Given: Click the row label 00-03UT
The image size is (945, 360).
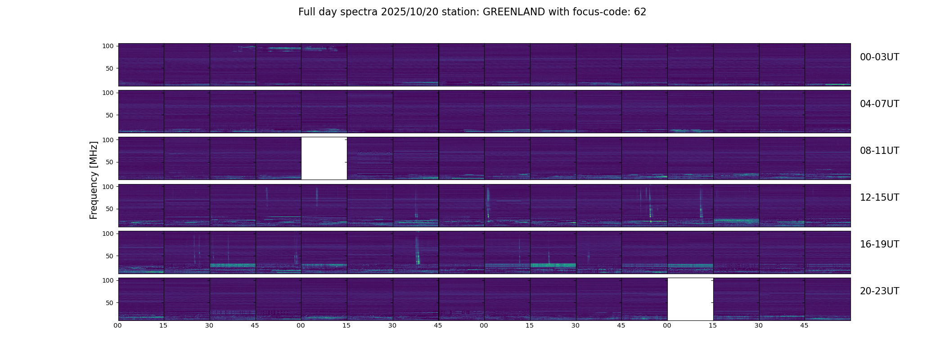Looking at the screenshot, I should (x=879, y=57).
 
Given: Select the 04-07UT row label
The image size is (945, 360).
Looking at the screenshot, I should (x=879, y=104).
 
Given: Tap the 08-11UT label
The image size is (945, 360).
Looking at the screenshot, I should (x=879, y=151).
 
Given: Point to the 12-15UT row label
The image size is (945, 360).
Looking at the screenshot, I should (x=879, y=198).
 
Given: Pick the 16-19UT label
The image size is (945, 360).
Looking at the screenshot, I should (x=879, y=244).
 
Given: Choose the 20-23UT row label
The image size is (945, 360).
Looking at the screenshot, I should (x=879, y=291).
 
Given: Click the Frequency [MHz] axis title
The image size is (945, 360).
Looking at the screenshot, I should (x=94, y=180).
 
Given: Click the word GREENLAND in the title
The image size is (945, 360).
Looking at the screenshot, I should (x=513, y=12).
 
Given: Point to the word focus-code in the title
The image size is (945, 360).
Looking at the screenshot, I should (x=599, y=12).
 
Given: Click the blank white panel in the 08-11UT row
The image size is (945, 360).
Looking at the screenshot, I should (x=324, y=158).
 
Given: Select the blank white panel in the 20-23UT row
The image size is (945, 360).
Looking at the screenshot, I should (x=690, y=299).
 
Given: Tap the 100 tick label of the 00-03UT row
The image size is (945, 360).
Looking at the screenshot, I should (x=108, y=46).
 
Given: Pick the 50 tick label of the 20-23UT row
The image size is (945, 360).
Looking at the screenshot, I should (x=110, y=303).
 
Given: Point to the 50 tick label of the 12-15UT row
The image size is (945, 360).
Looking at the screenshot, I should (x=110, y=209).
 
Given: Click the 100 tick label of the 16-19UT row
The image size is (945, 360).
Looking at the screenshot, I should (x=108, y=234).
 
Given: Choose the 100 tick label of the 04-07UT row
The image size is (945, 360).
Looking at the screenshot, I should (x=108, y=93).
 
